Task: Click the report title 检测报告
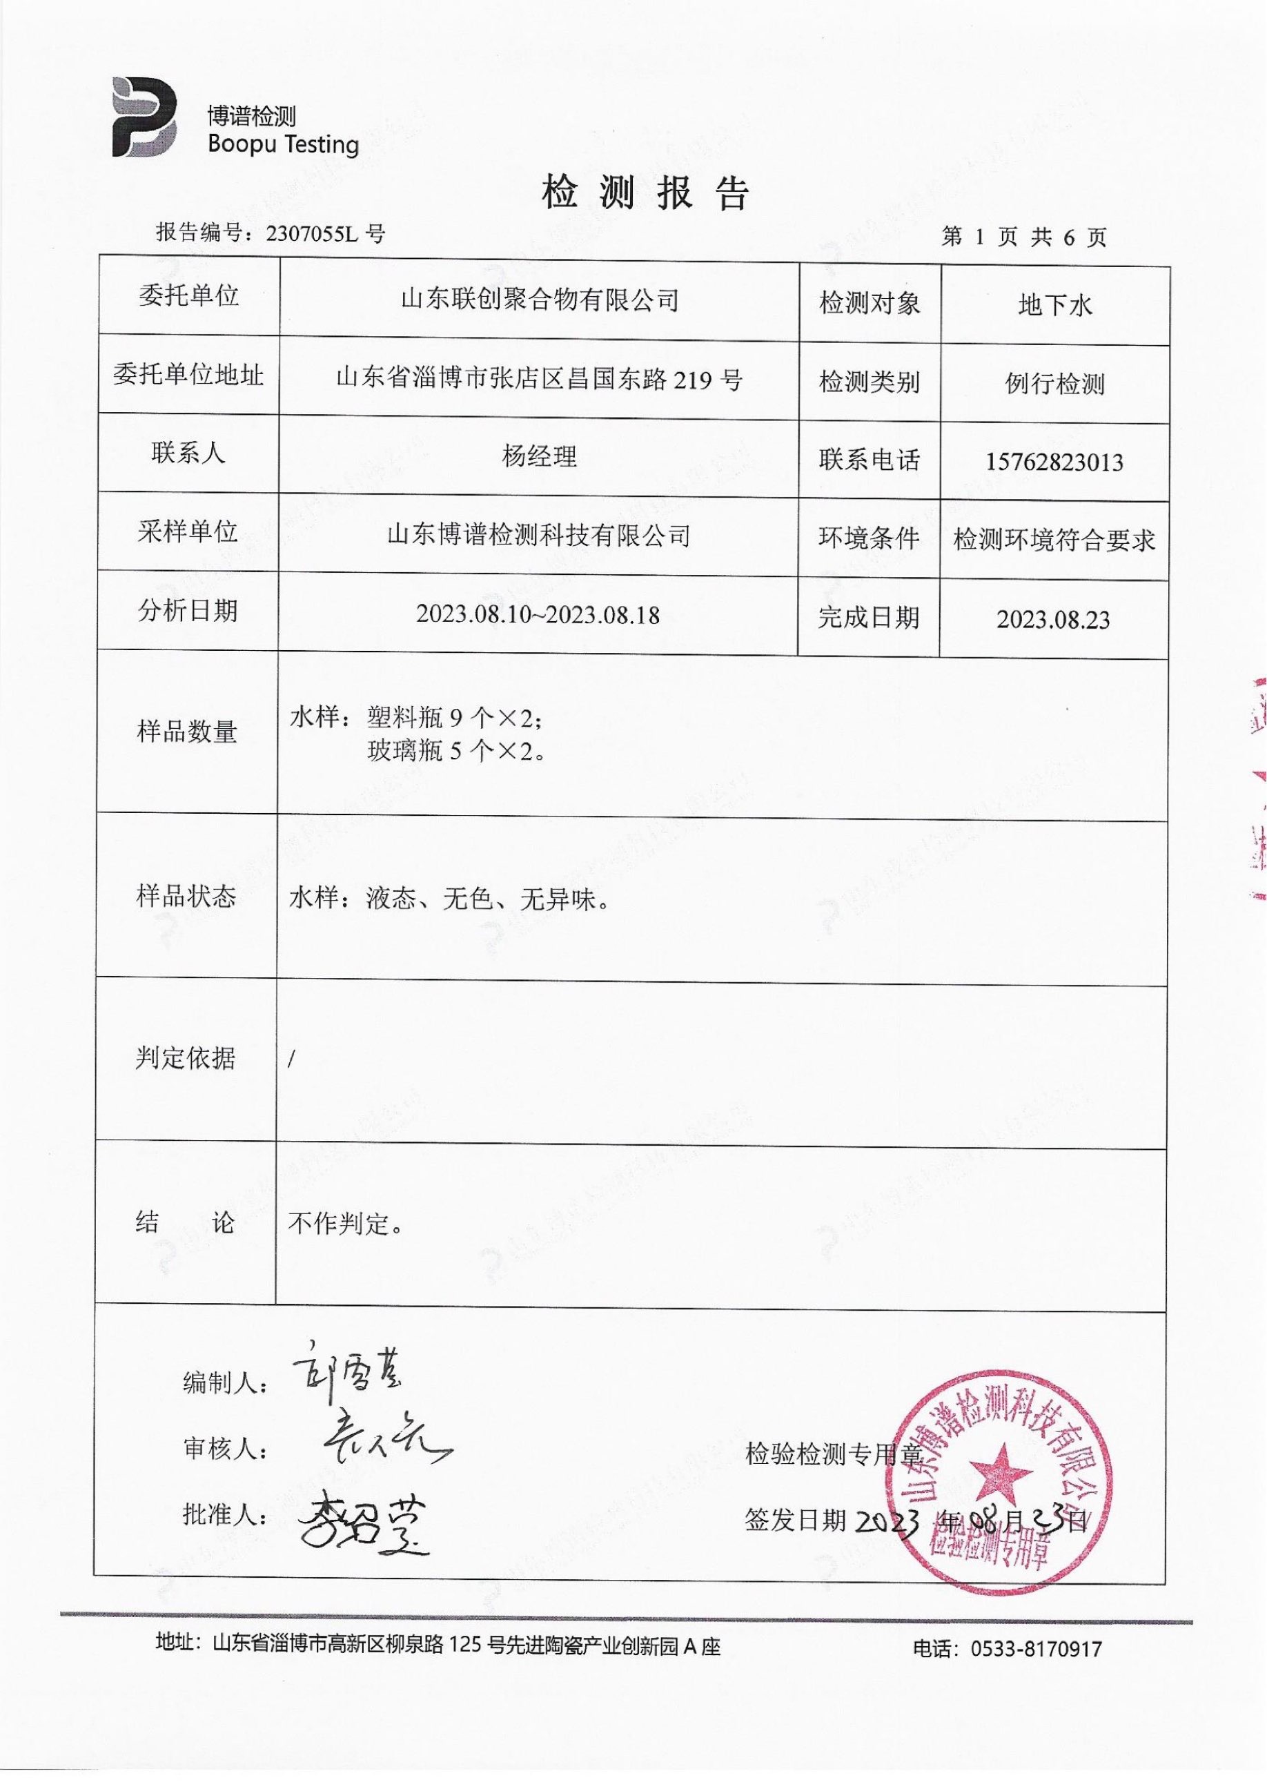pos(645,193)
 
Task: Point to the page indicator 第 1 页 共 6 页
pos(1023,237)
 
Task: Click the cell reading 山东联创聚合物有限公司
pos(539,300)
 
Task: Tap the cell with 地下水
pos(1054,305)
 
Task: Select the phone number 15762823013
pos(1054,462)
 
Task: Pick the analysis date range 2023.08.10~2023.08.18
pos(538,615)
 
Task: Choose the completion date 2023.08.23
pos(1052,620)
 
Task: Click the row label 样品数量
pos(186,731)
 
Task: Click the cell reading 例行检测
pos(1054,384)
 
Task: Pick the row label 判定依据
pos(185,1058)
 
